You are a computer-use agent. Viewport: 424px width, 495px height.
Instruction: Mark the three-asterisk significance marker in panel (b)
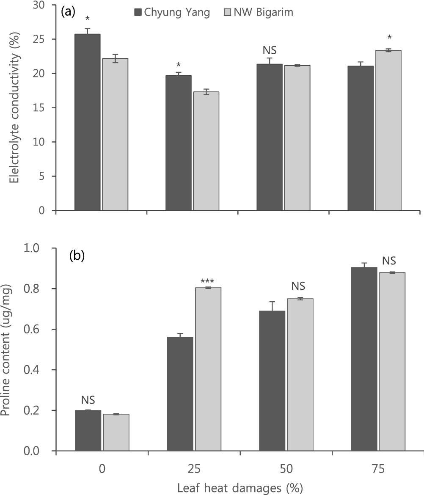click(207, 281)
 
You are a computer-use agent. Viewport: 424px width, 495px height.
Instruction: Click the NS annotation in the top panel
click(270, 50)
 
